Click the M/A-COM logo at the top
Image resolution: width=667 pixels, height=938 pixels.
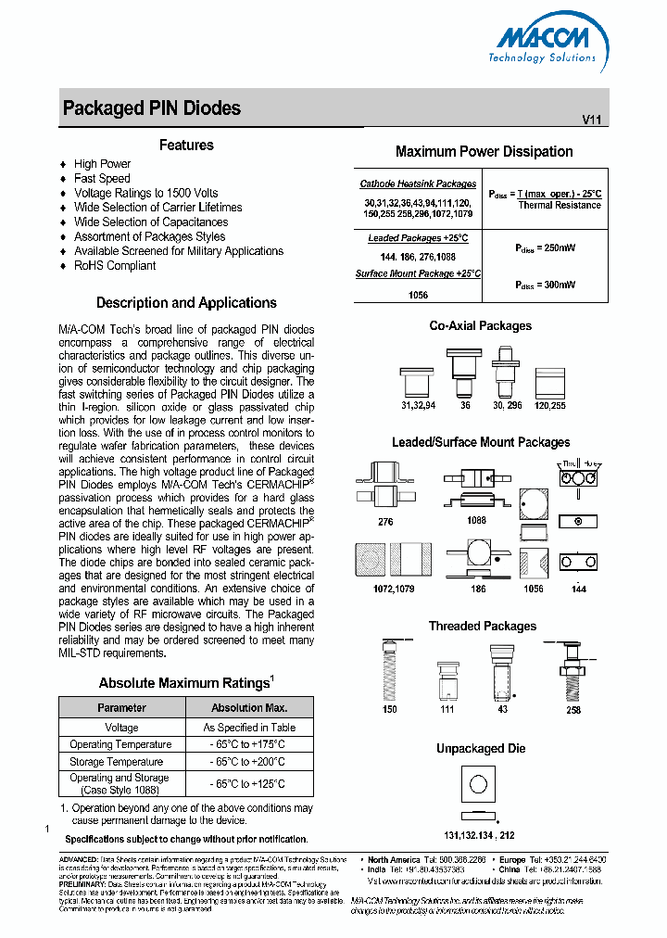pos(546,43)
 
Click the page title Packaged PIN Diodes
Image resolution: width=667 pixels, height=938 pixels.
pos(151,108)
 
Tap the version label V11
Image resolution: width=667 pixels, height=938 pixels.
pos(591,120)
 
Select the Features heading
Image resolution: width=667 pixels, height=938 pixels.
pos(186,146)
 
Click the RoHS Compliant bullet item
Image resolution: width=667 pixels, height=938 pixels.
pos(115,266)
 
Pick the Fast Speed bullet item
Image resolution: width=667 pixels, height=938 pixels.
pos(102,178)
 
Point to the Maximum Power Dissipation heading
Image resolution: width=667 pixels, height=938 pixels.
pos(484,152)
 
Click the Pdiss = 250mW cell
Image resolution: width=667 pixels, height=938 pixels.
pos(545,247)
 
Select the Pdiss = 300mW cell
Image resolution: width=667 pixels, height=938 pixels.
pos(545,285)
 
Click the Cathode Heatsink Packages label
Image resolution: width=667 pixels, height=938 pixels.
pos(418,184)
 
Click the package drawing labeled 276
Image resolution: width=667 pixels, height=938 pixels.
pos(384,487)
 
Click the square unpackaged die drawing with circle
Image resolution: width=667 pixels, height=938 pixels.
pos(478,784)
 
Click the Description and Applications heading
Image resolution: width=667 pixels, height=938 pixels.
pos(186,303)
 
